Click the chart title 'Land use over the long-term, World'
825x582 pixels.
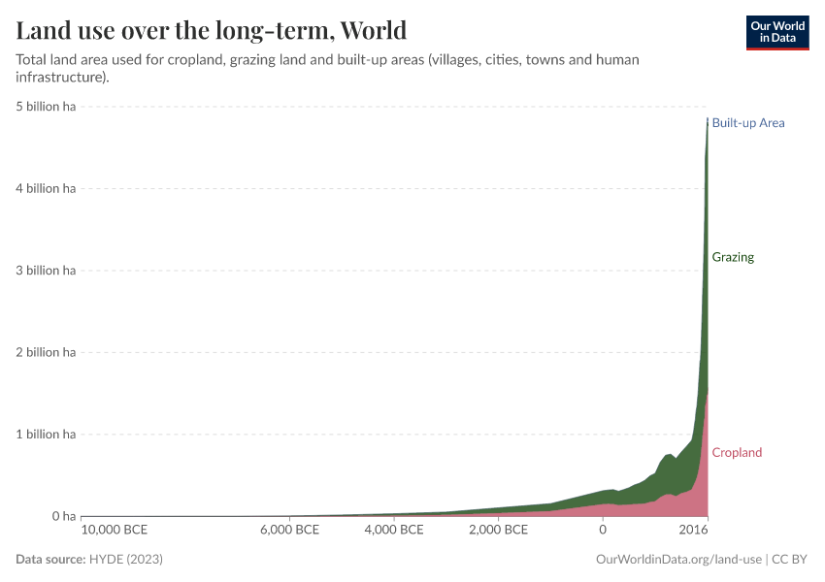tap(211, 29)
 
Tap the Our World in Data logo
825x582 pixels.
tap(776, 32)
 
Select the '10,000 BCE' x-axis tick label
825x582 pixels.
tap(115, 530)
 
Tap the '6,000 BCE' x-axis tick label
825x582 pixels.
tap(291, 530)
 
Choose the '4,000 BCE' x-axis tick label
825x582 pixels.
tap(396, 530)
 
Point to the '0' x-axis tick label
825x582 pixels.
tap(603, 530)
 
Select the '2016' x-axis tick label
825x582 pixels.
tap(693, 530)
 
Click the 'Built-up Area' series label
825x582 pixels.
tap(747, 123)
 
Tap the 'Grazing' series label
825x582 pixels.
tap(733, 258)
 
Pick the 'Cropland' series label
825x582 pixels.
tap(737, 453)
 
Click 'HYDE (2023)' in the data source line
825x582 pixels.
tap(125, 560)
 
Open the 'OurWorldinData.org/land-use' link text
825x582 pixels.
tap(677, 560)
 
